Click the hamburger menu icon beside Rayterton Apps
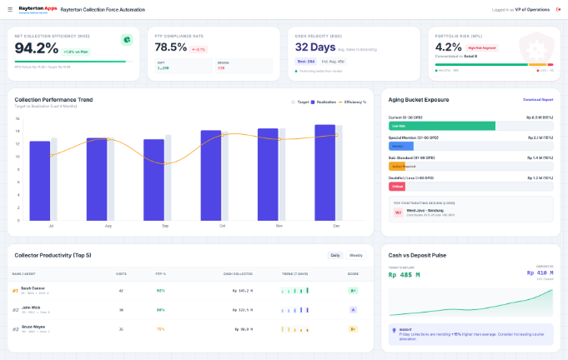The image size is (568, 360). (x=8, y=9)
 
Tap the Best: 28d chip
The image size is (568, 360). (x=305, y=61)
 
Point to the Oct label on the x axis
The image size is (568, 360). (x=222, y=226)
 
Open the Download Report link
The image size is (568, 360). (x=538, y=99)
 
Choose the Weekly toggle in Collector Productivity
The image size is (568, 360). (x=355, y=255)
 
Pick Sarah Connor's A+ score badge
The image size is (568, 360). (x=353, y=290)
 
